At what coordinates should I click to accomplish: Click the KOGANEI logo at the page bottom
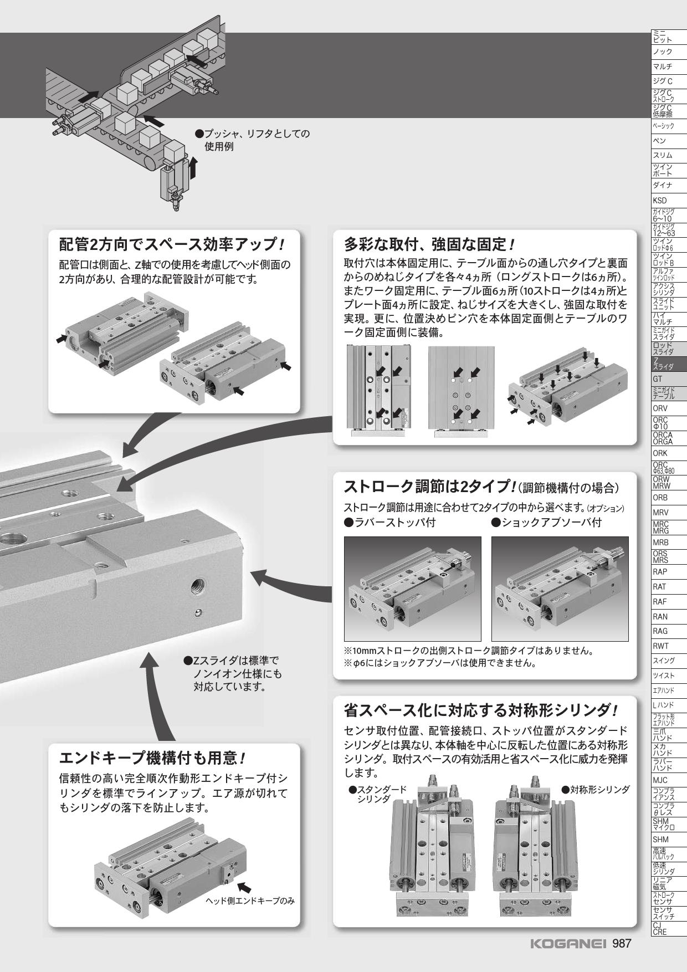coord(569,943)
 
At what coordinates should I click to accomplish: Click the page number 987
coord(622,943)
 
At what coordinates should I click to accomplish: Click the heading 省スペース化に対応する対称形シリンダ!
coord(480,710)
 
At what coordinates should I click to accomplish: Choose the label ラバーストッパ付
coord(389,522)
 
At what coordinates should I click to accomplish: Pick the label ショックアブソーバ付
coord(546,522)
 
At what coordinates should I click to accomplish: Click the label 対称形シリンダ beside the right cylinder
coord(596,789)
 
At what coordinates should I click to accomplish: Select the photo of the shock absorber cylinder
coord(560,589)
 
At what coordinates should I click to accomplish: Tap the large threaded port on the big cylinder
coord(198,584)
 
